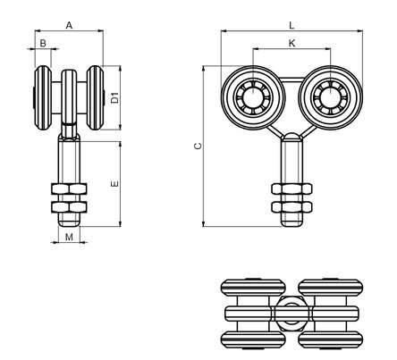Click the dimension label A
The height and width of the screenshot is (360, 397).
pos(69,26)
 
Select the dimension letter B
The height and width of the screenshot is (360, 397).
pos(43,44)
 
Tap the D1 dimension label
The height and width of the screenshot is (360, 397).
pos(114,97)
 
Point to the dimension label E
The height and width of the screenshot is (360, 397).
pos(114,184)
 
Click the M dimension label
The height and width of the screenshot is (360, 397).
pos(69,237)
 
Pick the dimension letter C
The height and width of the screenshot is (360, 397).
pos(198,146)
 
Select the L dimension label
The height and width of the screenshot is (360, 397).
pos(291,26)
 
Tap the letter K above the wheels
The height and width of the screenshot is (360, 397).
pos(292,44)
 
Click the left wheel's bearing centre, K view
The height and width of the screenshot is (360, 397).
pos(253,97)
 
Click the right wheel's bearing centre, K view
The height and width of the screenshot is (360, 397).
pos(331,97)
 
